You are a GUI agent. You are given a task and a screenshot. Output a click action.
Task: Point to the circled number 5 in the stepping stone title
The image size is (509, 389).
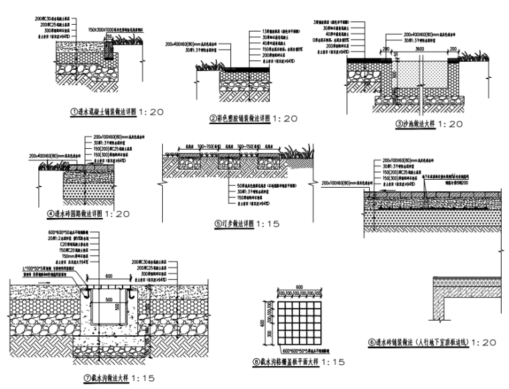217,224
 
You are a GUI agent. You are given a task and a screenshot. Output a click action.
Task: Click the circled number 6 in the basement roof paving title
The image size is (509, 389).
372,342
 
